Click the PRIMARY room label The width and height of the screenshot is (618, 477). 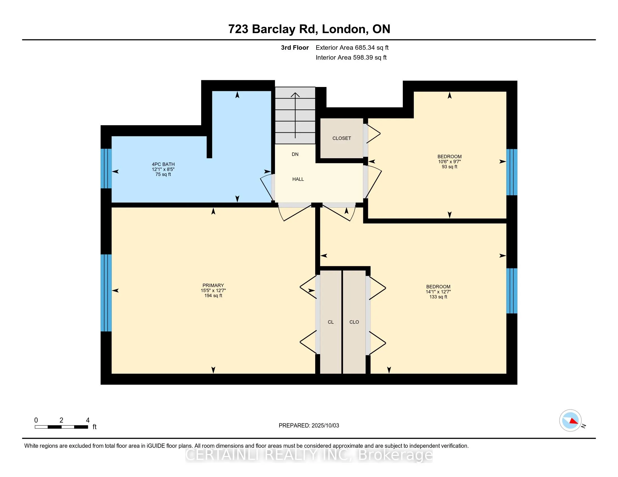[213, 285]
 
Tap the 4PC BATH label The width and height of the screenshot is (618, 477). [163, 164]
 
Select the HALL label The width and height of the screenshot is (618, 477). [298, 179]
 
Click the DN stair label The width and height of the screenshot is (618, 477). [295, 154]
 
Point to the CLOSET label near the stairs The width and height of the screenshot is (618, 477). [342, 138]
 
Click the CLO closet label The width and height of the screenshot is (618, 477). [354, 322]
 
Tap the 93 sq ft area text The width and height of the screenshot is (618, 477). [449, 167]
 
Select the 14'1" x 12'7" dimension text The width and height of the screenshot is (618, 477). [438, 292]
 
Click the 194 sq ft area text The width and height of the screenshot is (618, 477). [213, 295]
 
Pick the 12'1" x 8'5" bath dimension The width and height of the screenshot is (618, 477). [163, 169]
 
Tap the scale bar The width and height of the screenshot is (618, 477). [62, 427]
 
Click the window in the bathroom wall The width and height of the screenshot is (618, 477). [106, 168]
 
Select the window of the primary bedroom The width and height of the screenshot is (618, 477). [106, 293]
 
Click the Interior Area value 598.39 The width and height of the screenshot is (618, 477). [362, 57]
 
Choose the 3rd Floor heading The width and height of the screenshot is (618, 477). [295, 47]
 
